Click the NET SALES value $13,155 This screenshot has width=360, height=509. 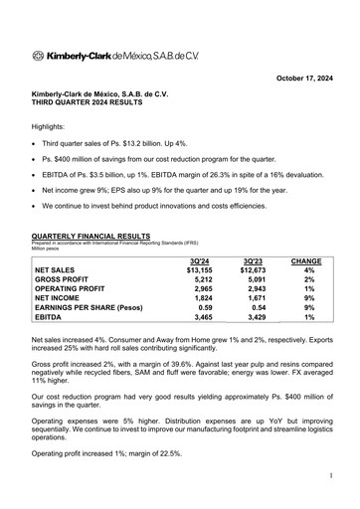tap(199, 269)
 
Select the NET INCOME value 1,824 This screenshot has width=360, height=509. tap(201, 302)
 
